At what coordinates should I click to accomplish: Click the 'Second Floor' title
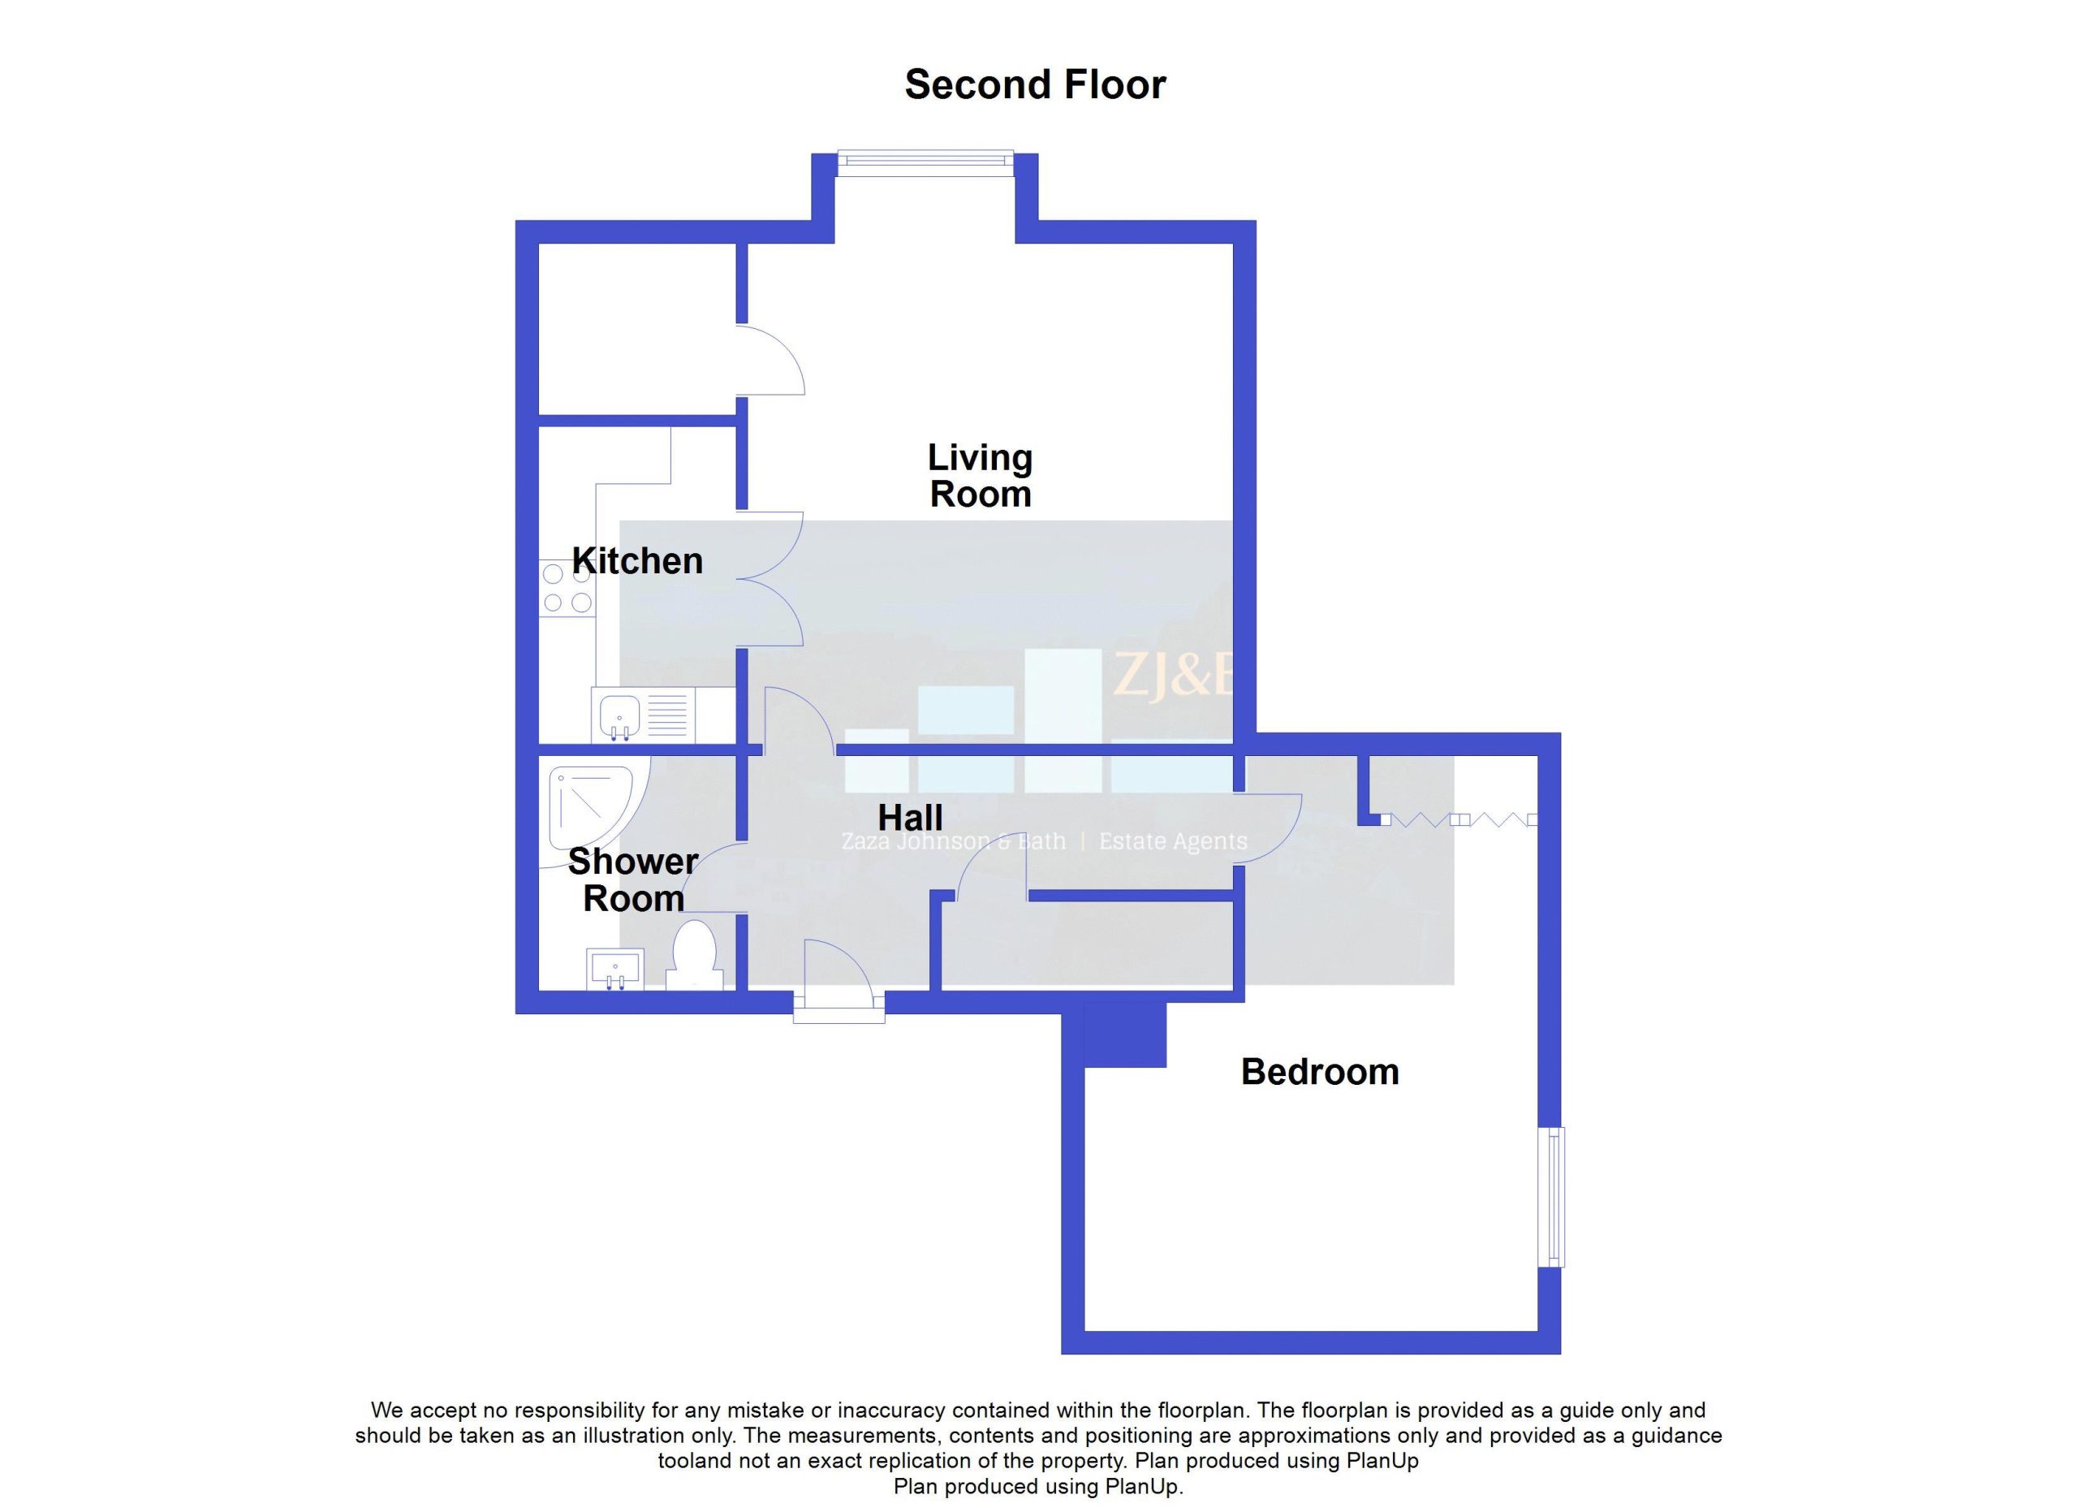coord(1034,85)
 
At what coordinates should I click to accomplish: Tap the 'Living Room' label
coord(981,476)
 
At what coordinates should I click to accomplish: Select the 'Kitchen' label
coord(638,561)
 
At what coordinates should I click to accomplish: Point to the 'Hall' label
coord(910,818)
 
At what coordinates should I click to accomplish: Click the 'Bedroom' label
coord(1319,1072)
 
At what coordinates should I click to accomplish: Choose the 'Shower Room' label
coord(633,879)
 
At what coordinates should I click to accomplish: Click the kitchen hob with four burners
coord(567,588)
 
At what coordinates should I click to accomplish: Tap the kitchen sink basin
coord(620,715)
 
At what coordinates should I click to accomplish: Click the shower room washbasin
coord(614,970)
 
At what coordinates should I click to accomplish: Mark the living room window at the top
coord(925,162)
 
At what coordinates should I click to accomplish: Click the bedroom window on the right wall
coord(1551,1197)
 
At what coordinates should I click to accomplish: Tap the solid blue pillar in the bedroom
coord(1124,1035)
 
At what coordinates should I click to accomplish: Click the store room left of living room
coord(638,329)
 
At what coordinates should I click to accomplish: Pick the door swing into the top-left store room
coord(770,360)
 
